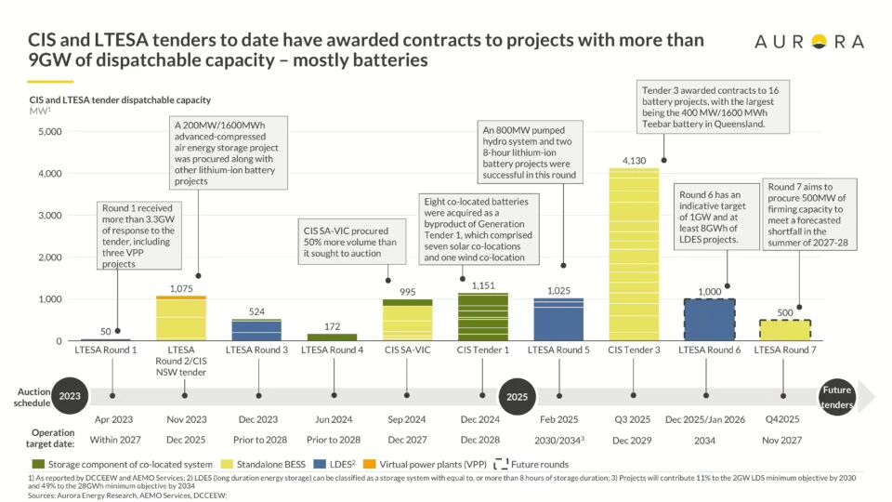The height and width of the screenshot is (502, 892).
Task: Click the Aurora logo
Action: pyautogui.click(x=808, y=42)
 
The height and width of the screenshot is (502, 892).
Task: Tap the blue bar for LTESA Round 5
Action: pyautogui.click(x=558, y=319)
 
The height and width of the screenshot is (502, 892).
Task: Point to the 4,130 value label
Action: pyautogui.click(x=633, y=159)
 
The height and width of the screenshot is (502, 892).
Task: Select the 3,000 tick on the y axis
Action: pyautogui.click(x=46, y=216)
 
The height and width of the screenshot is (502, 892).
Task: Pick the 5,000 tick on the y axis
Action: pyautogui.click(x=46, y=132)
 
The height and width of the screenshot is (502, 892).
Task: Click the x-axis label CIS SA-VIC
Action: pyautogui.click(x=407, y=350)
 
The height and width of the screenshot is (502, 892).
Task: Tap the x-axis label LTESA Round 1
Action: pyautogui.click(x=106, y=350)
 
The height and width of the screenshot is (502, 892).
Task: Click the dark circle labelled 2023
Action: pyautogui.click(x=70, y=395)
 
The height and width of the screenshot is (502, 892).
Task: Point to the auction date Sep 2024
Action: pyautogui.click(x=407, y=419)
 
